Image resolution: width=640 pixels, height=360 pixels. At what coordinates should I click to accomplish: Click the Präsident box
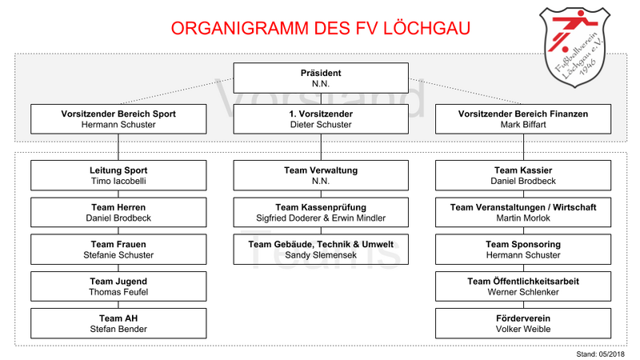pos(321,78)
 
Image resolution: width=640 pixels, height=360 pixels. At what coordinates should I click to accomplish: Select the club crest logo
pos(574,47)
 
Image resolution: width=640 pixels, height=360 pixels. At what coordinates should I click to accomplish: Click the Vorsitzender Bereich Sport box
pos(118,119)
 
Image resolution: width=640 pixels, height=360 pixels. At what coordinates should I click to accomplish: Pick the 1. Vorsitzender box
pos(321,119)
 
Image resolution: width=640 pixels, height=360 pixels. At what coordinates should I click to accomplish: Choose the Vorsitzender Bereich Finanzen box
pos(523,119)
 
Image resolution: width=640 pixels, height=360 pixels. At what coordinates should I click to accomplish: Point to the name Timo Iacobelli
pos(118,182)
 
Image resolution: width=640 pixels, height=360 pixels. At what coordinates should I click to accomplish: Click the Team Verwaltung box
pos(321,175)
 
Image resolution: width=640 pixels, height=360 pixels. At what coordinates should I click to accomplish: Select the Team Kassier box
pos(523,175)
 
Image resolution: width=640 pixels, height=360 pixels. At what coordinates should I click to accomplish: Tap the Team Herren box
pos(118,212)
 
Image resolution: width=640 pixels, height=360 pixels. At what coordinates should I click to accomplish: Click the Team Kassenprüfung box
pos(321,212)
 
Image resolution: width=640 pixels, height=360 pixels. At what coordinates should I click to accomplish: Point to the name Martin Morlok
pos(523,218)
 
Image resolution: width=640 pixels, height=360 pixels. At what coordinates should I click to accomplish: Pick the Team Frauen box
pos(118,250)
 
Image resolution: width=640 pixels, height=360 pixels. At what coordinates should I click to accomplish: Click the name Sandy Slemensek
pos(321,255)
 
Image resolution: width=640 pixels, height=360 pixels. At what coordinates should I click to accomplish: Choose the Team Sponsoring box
pos(523,250)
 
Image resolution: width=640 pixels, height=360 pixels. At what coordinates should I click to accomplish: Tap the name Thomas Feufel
pos(118,292)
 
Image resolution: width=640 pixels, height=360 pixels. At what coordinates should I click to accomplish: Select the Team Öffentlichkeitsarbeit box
pos(523,286)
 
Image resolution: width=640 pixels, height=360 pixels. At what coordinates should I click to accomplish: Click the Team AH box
pos(118,323)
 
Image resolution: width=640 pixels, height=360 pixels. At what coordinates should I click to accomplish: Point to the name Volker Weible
pos(523,330)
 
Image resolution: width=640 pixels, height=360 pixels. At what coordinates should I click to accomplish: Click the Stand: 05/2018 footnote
pos(601,354)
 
